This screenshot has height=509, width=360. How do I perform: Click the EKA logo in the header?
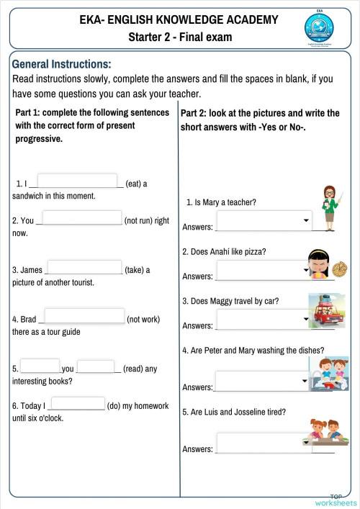[x=319, y=30]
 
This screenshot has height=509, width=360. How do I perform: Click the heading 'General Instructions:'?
[x=62, y=63]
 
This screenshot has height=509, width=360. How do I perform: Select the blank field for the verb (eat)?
[x=77, y=181]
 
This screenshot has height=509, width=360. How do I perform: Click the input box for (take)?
[x=84, y=268]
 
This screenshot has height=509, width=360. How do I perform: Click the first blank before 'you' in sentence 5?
[x=40, y=366]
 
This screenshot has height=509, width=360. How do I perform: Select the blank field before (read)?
[x=96, y=366]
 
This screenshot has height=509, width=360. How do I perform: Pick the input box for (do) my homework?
[x=78, y=404]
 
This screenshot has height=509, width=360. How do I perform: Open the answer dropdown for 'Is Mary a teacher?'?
[x=264, y=220]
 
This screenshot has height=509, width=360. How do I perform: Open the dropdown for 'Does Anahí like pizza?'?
[x=264, y=269]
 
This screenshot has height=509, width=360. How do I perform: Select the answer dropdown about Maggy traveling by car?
[x=264, y=318]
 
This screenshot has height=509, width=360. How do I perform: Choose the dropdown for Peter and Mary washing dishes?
[x=263, y=380]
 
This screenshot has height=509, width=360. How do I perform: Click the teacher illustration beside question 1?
[x=329, y=207]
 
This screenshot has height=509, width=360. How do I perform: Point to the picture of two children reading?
[x=329, y=373]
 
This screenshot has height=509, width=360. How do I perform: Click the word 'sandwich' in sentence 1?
[x=30, y=195]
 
